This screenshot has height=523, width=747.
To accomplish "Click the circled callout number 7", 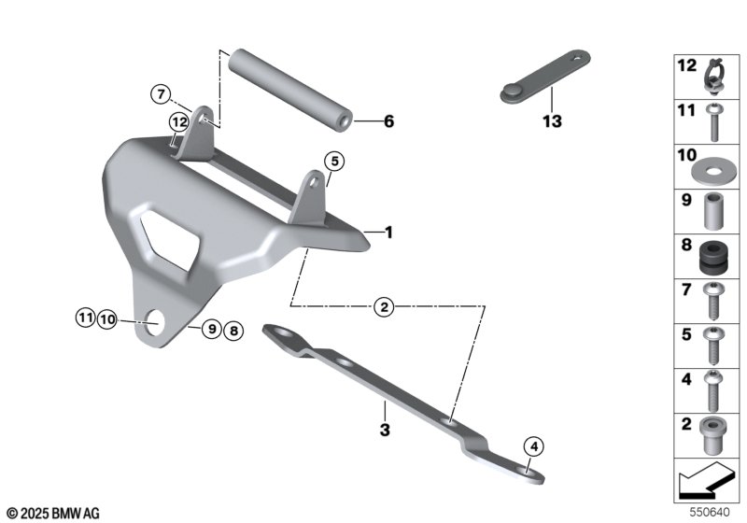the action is tap(161, 93).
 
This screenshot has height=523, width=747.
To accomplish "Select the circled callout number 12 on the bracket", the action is tap(178, 121).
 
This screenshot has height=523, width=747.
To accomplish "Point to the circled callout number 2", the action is tap(382, 306).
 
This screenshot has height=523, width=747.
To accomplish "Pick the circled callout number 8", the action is tap(232, 329).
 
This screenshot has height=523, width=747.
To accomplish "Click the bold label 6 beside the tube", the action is tap(389, 121).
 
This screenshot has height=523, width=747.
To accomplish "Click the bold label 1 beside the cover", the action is tap(389, 230).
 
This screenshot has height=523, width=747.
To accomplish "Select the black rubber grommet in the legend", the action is tap(712, 255).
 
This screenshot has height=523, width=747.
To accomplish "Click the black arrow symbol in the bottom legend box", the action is tap(705, 485).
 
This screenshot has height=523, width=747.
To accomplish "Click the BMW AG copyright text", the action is tap(52, 512).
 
